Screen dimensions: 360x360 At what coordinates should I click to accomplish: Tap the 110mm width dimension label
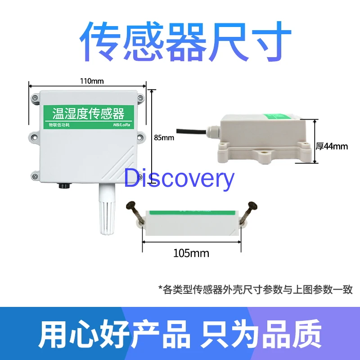click(92, 81)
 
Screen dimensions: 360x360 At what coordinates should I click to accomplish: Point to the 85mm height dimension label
click(163, 138)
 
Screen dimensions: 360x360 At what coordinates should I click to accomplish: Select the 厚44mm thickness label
click(332, 146)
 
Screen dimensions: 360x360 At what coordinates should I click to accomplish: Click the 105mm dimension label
click(191, 253)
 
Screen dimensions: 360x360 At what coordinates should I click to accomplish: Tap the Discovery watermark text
click(179, 179)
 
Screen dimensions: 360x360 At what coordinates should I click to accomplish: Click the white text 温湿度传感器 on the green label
click(88, 112)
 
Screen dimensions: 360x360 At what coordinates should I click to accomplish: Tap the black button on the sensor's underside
click(63, 185)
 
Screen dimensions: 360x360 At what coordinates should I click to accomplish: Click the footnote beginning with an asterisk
click(255, 289)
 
